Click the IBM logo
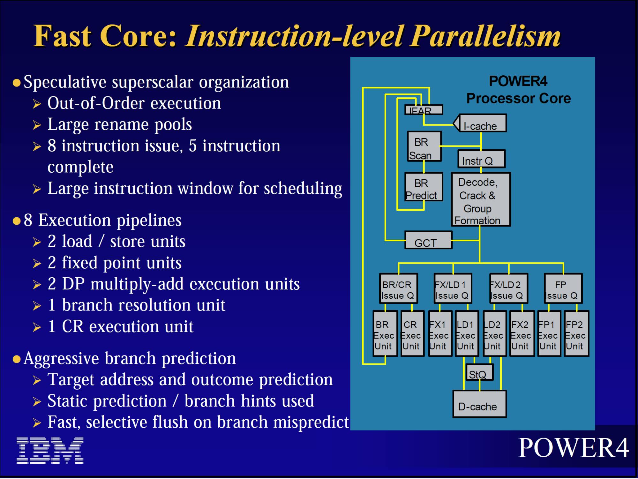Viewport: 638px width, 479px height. click(x=50, y=450)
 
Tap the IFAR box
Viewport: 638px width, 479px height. click(x=424, y=110)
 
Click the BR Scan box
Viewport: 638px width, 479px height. click(x=424, y=146)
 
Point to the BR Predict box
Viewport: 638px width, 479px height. click(x=424, y=187)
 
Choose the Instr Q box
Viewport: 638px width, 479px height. click(x=481, y=159)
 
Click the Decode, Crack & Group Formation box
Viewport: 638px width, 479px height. click(x=481, y=199)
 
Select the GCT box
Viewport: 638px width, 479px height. click(x=428, y=240)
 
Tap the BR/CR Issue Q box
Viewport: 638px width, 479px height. click(x=398, y=288)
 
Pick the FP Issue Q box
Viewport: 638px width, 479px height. click(x=563, y=288)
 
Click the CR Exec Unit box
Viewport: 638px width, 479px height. click(x=412, y=333)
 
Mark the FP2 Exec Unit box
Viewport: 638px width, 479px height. click(x=576, y=333)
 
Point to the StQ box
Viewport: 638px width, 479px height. click(x=479, y=372)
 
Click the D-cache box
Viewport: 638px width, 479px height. click(x=479, y=404)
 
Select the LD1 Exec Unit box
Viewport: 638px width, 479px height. click(x=467, y=333)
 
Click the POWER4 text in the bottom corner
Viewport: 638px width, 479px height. click(x=573, y=448)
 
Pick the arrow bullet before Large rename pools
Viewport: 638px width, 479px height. click(x=37, y=125)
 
